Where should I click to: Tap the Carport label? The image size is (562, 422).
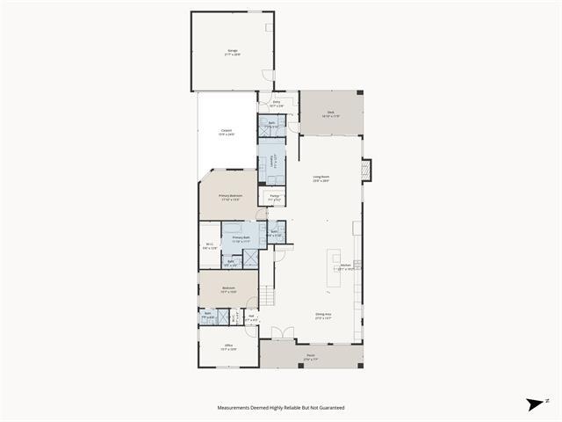pos(227,133)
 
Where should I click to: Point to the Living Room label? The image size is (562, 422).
pos(321,178)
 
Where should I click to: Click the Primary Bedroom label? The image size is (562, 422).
pos(230,197)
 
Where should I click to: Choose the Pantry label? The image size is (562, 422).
pos(275,197)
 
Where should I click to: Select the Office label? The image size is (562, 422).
pos(227,346)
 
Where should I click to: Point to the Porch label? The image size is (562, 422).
pos(311,358)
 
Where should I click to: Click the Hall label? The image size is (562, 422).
pos(251,317)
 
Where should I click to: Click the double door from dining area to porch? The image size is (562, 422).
pos(280,335)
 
